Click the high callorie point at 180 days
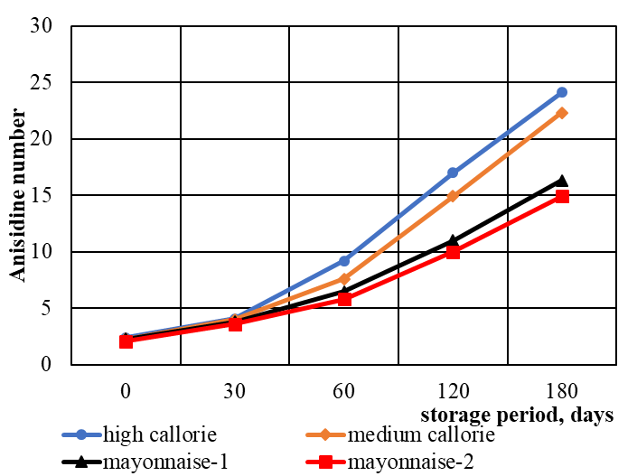pyautogui.click(x=561, y=92)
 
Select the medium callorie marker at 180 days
pyautogui.click(x=561, y=113)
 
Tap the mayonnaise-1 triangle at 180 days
pyautogui.click(x=561, y=181)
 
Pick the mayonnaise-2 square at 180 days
pyautogui.click(x=561, y=196)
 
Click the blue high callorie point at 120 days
pyautogui.click(x=453, y=173)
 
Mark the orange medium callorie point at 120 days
pyautogui.click(x=453, y=196)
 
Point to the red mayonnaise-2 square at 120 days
pyautogui.click(x=453, y=252)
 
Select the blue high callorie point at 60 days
pyautogui.click(x=343, y=261)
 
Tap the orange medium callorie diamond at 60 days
pyautogui.click(x=343, y=279)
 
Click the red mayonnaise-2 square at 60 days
pyautogui.click(x=343, y=299)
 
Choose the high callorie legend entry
pyautogui.click(x=145, y=434)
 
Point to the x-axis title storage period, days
pyautogui.click(x=517, y=415)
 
